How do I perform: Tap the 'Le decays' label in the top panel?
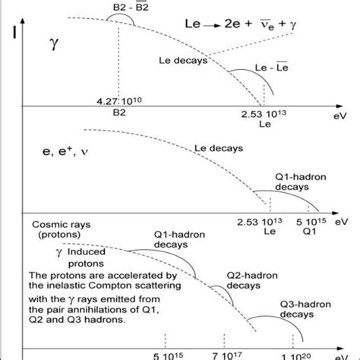(x=183, y=61)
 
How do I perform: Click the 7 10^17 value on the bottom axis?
(x=225, y=354)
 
